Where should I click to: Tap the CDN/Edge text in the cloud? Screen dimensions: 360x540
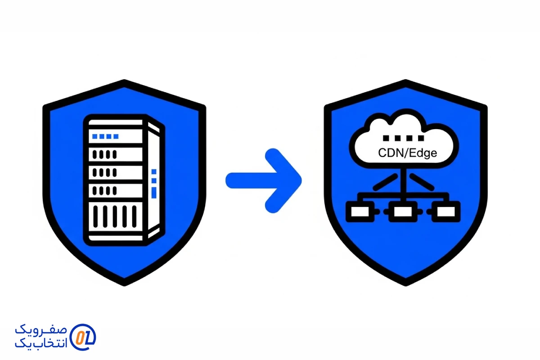[407, 153]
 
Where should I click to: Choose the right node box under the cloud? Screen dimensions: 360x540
[446, 211]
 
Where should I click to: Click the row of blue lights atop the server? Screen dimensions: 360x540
[105, 136]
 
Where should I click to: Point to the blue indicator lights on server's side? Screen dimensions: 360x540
[154, 182]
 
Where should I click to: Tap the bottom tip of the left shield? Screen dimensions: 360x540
[125, 283]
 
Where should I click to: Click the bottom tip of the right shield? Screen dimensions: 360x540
[406, 283]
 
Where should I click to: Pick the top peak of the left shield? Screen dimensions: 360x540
[125, 82]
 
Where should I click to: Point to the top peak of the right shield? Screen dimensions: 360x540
[406, 82]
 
